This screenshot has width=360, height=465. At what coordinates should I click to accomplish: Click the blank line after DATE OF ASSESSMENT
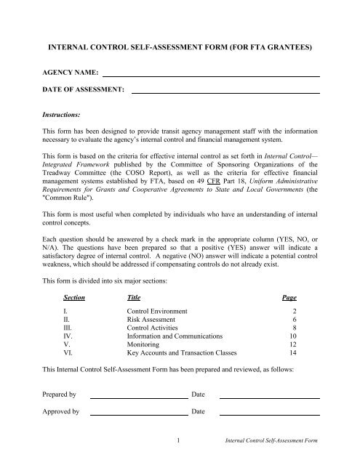pyautogui.click(x=225, y=92)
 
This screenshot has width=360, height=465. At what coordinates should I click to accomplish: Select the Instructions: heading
pyautogui.click(x=63, y=114)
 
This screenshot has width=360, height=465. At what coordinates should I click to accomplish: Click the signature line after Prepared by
pyautogui.click(x=138, y=397)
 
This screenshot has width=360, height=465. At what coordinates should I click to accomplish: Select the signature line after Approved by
pyautogui.click(x=138, y=415)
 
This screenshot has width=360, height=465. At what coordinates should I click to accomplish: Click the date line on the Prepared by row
pyautogui.click(x=269, y=397)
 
